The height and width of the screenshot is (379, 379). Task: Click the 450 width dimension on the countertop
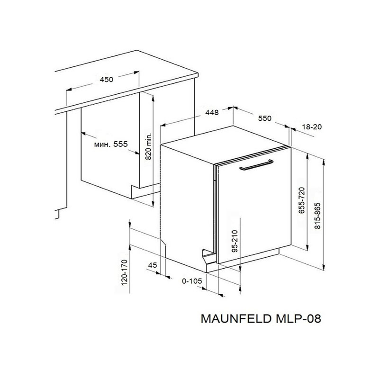106,80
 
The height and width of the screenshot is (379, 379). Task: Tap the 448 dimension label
212,113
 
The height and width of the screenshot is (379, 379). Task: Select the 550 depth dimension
265,118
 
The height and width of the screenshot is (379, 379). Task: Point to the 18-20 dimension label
312,126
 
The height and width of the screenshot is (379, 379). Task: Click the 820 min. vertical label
148,146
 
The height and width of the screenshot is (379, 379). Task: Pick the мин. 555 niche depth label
111,144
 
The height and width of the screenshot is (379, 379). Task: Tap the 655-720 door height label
302,200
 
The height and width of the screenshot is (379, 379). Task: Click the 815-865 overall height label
317,216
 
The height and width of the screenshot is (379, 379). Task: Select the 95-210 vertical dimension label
235,241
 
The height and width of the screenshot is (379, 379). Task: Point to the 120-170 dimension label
124,272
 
